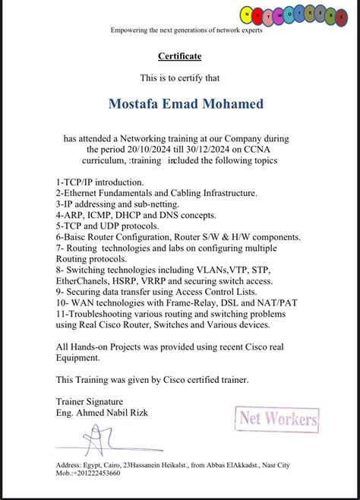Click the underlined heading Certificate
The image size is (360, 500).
point(179,56)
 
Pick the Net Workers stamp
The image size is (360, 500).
point(278,417)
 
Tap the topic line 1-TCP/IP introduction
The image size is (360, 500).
point(99,183)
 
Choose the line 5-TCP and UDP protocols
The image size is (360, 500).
point(107,226)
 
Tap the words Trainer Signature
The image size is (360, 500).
point(90,400)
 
